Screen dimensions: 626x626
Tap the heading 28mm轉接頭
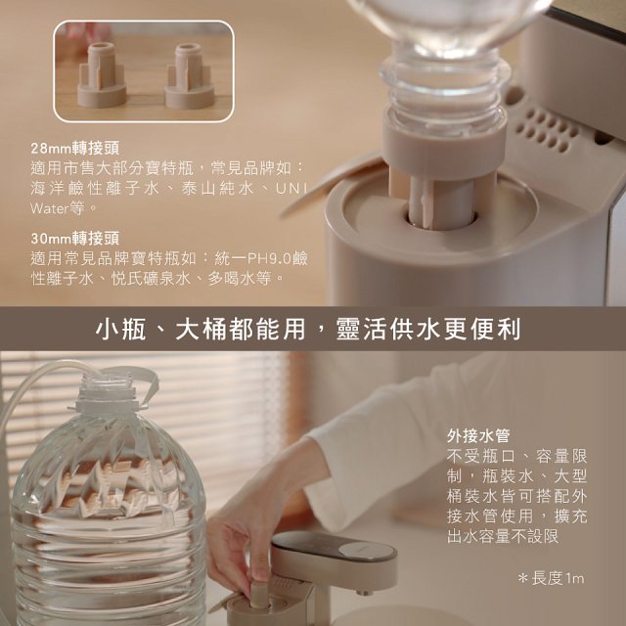75,149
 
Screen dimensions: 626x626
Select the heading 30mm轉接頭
75,238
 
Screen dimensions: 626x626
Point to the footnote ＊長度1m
551,579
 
